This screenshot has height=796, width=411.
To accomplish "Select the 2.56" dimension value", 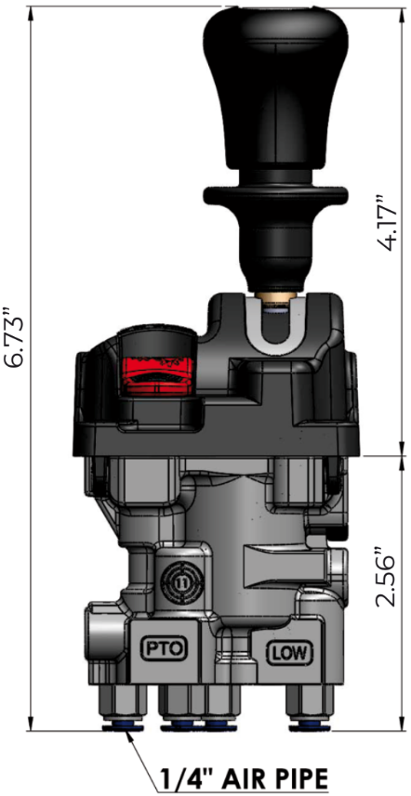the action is [x=385, y=576].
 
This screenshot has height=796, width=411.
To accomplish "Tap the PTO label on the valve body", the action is [x=164, y=647].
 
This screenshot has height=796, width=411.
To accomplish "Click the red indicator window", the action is [x=157, y=374].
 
